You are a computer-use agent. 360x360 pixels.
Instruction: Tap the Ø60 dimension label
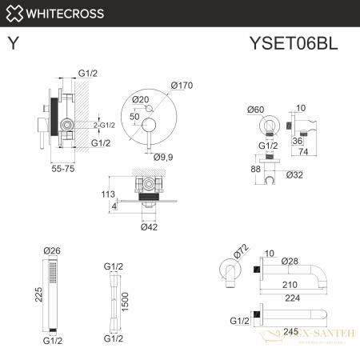click(x=256, y=109)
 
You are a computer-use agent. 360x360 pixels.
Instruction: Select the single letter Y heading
click(x=13, y=44)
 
